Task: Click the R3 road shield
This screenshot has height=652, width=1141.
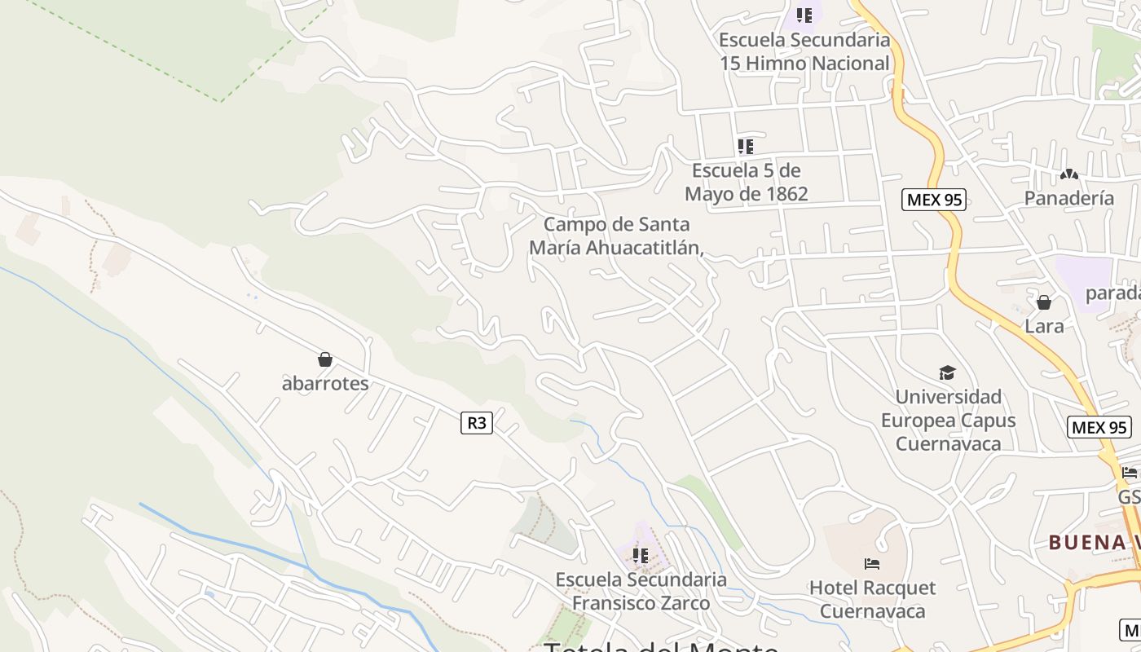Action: coord(477,422)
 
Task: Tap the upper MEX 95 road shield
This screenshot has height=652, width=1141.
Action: coord(933,200)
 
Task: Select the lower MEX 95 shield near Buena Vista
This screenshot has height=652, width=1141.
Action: coord(1099,427)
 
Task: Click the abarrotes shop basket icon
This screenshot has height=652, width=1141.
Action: coord(325,359)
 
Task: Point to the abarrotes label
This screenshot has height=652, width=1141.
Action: coord(325,383)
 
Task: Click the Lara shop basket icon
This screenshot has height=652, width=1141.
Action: coord(1044,302)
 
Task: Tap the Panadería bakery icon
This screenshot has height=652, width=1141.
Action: coord(1069,174)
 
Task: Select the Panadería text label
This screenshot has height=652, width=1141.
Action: coord(1069,198)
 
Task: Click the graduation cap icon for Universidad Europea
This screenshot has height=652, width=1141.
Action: coord(947,372)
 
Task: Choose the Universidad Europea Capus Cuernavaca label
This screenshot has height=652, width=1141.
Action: coord(948,421)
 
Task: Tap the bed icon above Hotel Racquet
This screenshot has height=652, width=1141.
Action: coord(872,564)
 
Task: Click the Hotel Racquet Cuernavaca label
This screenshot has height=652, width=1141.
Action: coord(872,599)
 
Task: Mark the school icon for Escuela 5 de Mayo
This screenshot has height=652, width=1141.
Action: coord(746,147)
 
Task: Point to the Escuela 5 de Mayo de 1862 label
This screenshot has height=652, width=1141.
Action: coord(746,182)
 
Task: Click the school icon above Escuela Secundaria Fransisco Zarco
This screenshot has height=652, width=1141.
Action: coord(641,556)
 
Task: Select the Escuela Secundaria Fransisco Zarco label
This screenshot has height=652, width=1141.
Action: coord(641,591)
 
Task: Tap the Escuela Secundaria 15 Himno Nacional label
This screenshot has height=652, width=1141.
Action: coord(804,51)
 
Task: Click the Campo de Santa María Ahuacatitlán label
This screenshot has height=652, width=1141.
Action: coord(616,236)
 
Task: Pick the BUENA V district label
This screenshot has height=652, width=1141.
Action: coord(1093,542)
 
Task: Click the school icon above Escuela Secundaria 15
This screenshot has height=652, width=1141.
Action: coord(804,15)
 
